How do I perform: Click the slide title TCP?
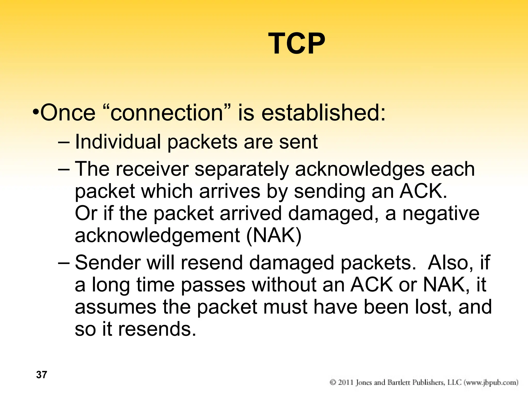[296, 43]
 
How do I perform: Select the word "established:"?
[324, 113]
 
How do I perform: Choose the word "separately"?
[242, 169]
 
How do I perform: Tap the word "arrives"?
[230, 191]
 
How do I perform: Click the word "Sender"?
[108, 263]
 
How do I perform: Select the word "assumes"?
[115, 307]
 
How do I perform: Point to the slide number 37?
[42, 375]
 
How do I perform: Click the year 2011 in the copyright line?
[346, 382]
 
